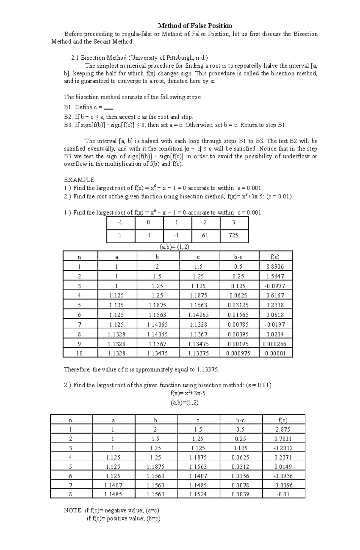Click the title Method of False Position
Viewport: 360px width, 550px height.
click(195, 26)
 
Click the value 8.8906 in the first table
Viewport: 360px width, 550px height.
click(275, 266)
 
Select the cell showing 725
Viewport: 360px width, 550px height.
click(233, 235)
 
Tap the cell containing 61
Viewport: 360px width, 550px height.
click(205, 235)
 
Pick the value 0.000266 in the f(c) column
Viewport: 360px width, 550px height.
click(274, 344)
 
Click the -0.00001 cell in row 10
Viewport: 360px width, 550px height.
click(274, 353)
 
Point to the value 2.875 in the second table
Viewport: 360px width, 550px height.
click(283, 429)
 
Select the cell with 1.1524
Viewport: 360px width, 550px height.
click(198, 494)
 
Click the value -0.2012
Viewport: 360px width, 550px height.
click(283, 448)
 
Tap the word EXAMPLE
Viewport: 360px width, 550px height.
click(80, 180)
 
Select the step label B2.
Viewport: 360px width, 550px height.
click(68, 117)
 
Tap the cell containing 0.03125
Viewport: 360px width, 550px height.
click(238, 305)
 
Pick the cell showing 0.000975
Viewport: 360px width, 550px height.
click(238, 353)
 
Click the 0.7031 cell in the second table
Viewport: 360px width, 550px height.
click(283, 439)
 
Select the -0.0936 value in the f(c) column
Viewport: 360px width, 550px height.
click(283, 476)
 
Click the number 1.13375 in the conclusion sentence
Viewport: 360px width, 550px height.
click(208, 370)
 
